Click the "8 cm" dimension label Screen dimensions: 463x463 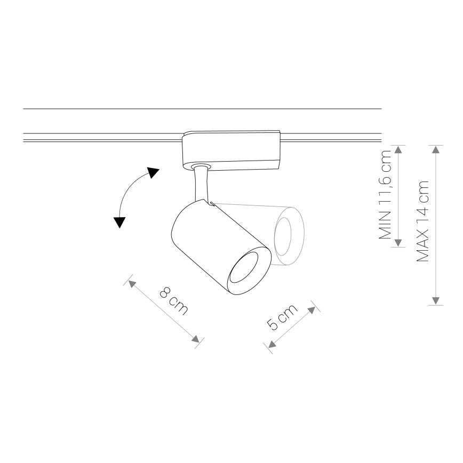tap(174, 301)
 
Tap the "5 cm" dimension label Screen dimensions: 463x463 tap(282, 317)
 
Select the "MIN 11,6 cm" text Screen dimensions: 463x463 tap(385, 195)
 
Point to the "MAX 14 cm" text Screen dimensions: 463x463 tap(422, 221)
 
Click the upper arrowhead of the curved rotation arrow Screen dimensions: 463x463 tap(153, 172)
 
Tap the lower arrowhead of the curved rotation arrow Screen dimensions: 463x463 tap(119, 222)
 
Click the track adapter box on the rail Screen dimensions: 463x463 tap(231, 150)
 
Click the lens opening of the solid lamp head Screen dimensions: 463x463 tap(244, 268)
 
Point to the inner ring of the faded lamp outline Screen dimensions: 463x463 tap(283, 237)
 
